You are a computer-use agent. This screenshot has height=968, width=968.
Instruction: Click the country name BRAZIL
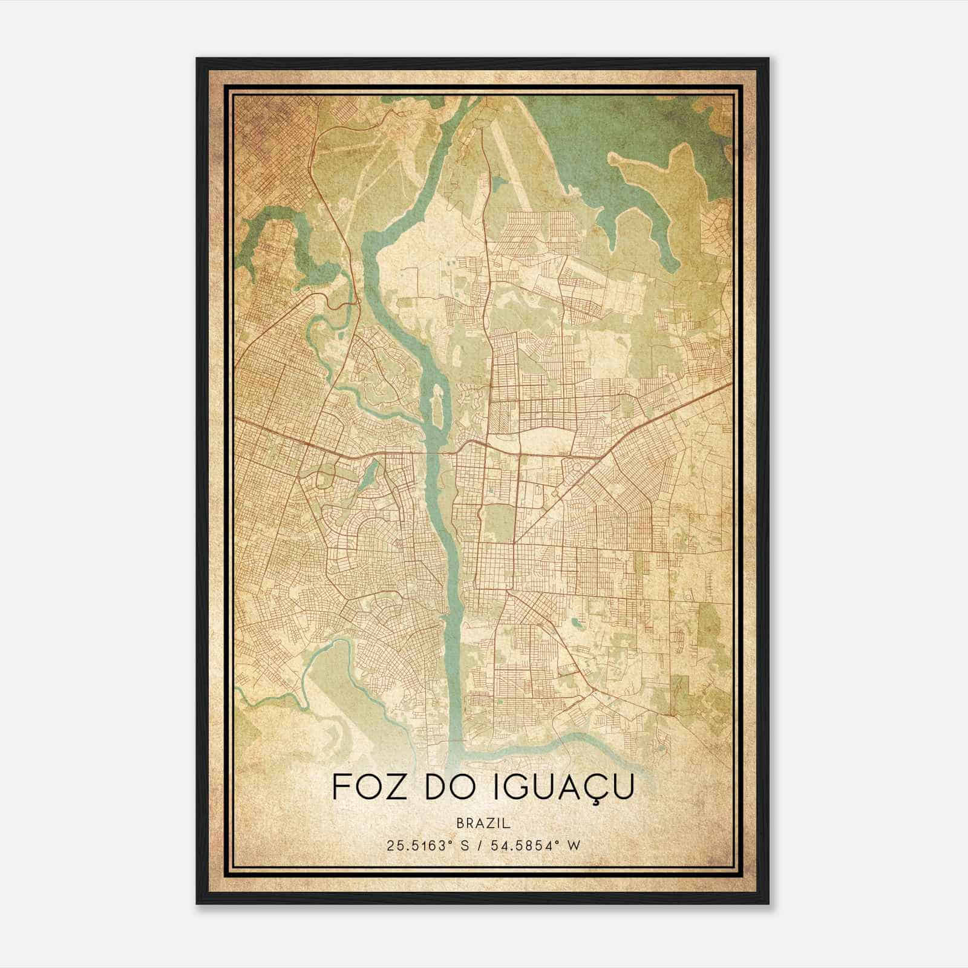(x=483, y=823)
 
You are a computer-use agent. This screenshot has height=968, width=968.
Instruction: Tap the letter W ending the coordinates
(x=574, y=846)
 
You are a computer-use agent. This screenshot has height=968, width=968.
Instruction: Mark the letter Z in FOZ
(x=391, y=787)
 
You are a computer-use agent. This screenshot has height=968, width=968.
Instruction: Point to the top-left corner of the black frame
(x=197, y=59)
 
